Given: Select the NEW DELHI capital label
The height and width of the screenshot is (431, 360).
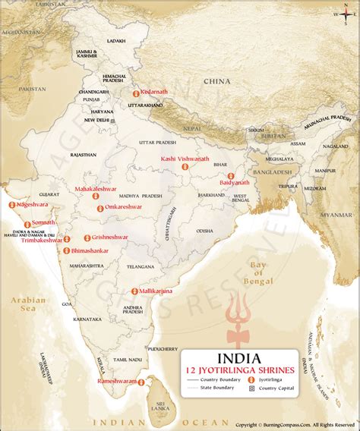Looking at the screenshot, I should coord(97,120).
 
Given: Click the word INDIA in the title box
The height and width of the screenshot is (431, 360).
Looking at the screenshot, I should coord(238,357).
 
